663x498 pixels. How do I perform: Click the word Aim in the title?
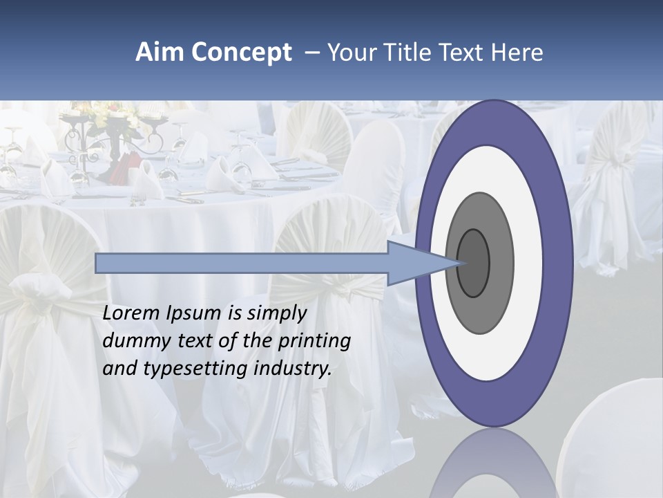click(160, 53)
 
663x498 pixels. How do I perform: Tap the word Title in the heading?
click(402, 53)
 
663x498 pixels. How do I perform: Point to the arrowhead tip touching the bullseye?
click(459, 263)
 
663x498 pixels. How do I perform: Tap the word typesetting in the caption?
click(195, 369)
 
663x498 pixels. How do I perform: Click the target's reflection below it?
click(494, 463)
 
